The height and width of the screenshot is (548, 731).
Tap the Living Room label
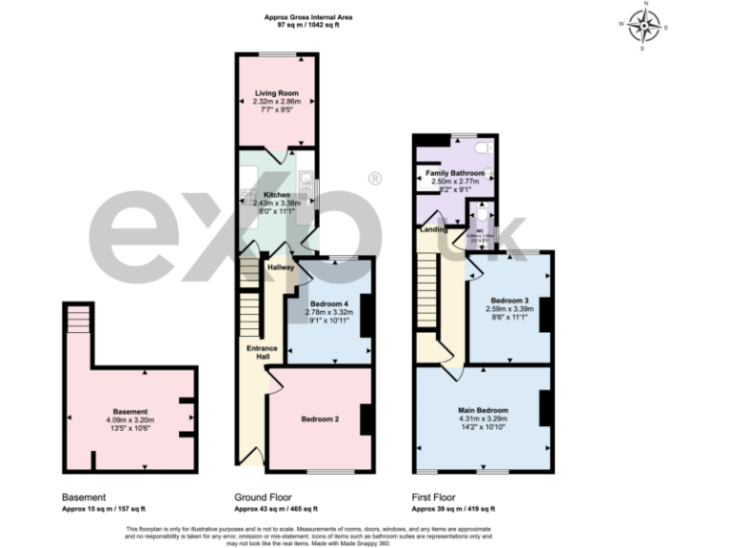[x=277, y=93]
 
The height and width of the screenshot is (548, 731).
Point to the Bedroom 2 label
[x=322, y=419]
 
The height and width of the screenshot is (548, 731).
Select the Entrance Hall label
[x=263, y=352]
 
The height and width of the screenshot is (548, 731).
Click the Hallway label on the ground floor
[x=280, y=267]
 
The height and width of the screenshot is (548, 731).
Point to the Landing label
[x=435, y=229]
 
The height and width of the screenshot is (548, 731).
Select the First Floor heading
[x=434, y=497]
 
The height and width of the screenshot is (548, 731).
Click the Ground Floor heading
[x=263, y=497]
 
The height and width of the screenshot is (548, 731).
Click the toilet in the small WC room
[x=482, y=216]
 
